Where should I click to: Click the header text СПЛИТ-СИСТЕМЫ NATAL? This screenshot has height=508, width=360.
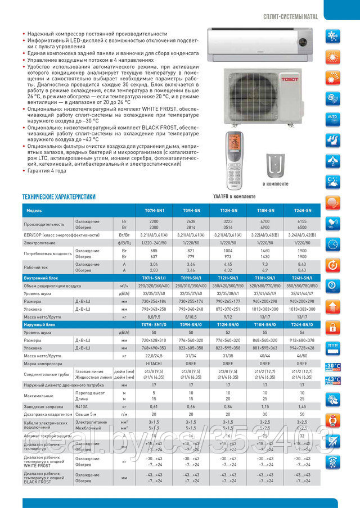[x=290, y=17]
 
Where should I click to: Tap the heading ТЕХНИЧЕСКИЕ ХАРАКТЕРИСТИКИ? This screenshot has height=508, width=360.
[x=58, y=197]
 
